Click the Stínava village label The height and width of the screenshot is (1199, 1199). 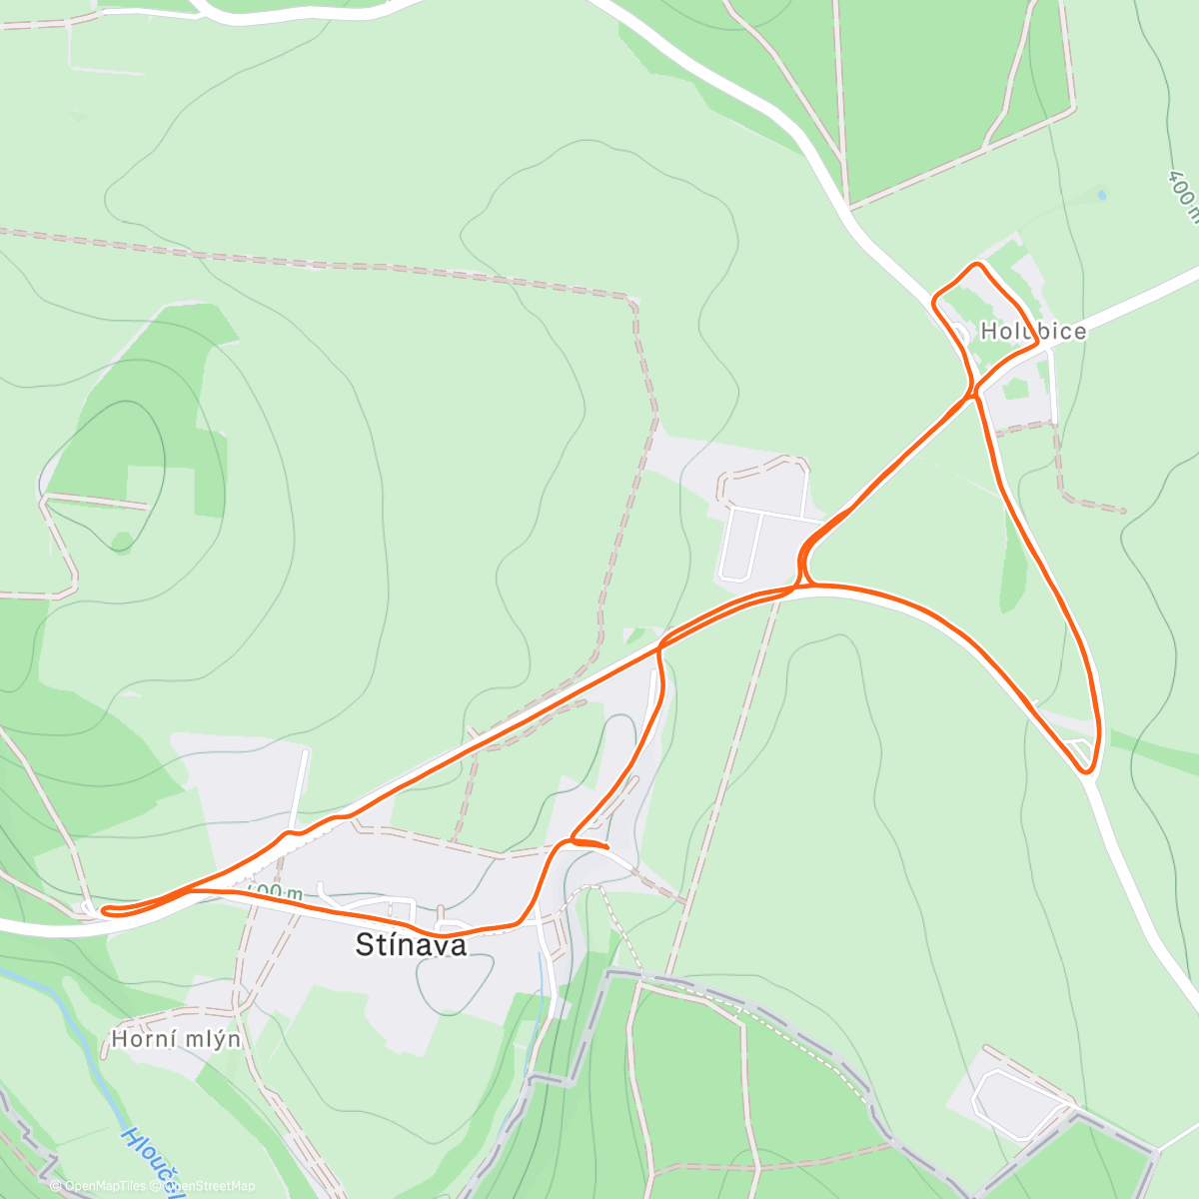(x=411, y=945)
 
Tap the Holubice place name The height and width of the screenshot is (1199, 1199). (x=1033, y=332)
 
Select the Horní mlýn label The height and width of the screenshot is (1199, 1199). (x=176, y=1039)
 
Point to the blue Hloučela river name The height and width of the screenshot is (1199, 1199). (x=150, y=1159)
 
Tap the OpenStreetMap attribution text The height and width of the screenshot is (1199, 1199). (x=210, y=1186)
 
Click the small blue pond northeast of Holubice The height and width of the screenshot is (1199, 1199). (x=1101, y=195)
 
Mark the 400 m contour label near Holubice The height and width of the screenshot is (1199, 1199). (x=1183, y=195)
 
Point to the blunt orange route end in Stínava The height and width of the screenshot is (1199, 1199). (x=605, y=847)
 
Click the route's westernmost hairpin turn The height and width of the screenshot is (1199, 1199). (x=104, y=910)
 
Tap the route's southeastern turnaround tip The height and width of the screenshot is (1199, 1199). (x=1089, y=770)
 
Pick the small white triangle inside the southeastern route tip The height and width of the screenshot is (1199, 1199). (x=1078, y=748)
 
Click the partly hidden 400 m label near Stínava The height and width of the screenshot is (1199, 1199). (x=275, y=890)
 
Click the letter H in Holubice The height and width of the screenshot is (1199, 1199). (x=989, y=332)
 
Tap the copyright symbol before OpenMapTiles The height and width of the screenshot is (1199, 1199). (x=55, y=1186)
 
